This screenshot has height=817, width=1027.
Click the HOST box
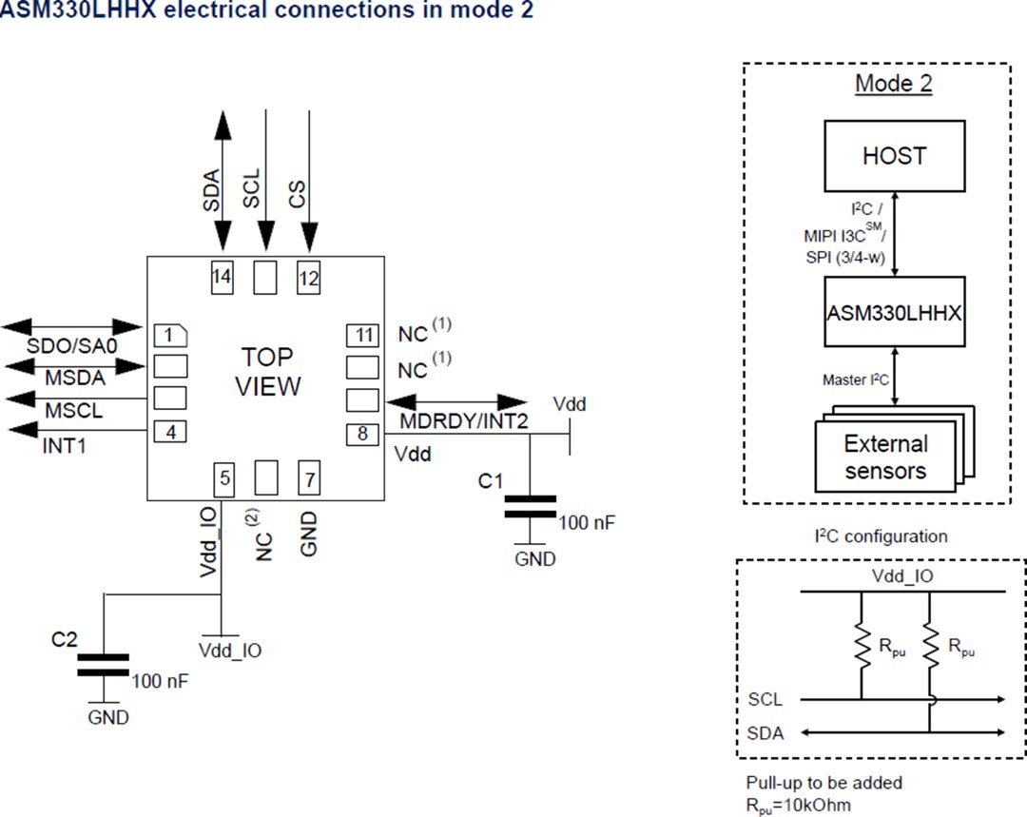point(894,154)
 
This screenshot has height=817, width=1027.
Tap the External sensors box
point(885,457)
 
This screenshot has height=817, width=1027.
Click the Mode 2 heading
point(894,83)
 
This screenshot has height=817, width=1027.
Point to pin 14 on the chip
point(222,278)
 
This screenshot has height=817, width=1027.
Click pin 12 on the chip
point(308,278)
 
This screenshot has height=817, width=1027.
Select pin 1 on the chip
point(170,335)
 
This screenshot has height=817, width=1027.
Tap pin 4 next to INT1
point(170,431)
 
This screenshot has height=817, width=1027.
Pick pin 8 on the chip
point(362,433)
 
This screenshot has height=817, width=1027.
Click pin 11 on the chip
point(362,335)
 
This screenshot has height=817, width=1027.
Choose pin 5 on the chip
point(224,477)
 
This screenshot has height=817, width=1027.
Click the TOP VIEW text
point(267,372)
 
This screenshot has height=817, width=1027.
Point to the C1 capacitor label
point(491,481)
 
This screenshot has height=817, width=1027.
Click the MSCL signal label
point(73,411)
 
